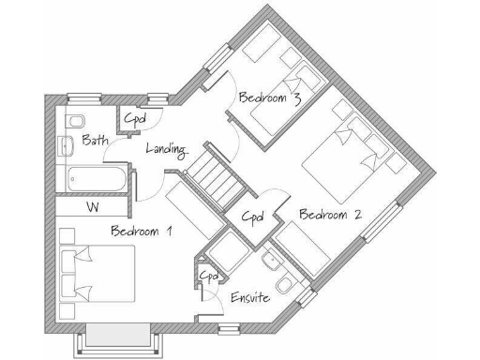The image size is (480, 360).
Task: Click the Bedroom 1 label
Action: [142, 232]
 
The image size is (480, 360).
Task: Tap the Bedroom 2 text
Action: [330, 215]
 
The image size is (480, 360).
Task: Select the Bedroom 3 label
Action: [269, 97]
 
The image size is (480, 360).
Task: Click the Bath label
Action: [94, 141]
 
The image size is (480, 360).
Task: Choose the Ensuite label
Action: [250, 297]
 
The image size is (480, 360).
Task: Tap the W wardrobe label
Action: [93, 206]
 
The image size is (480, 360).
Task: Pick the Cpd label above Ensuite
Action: [209, 276]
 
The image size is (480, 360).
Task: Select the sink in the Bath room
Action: [65, 147]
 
